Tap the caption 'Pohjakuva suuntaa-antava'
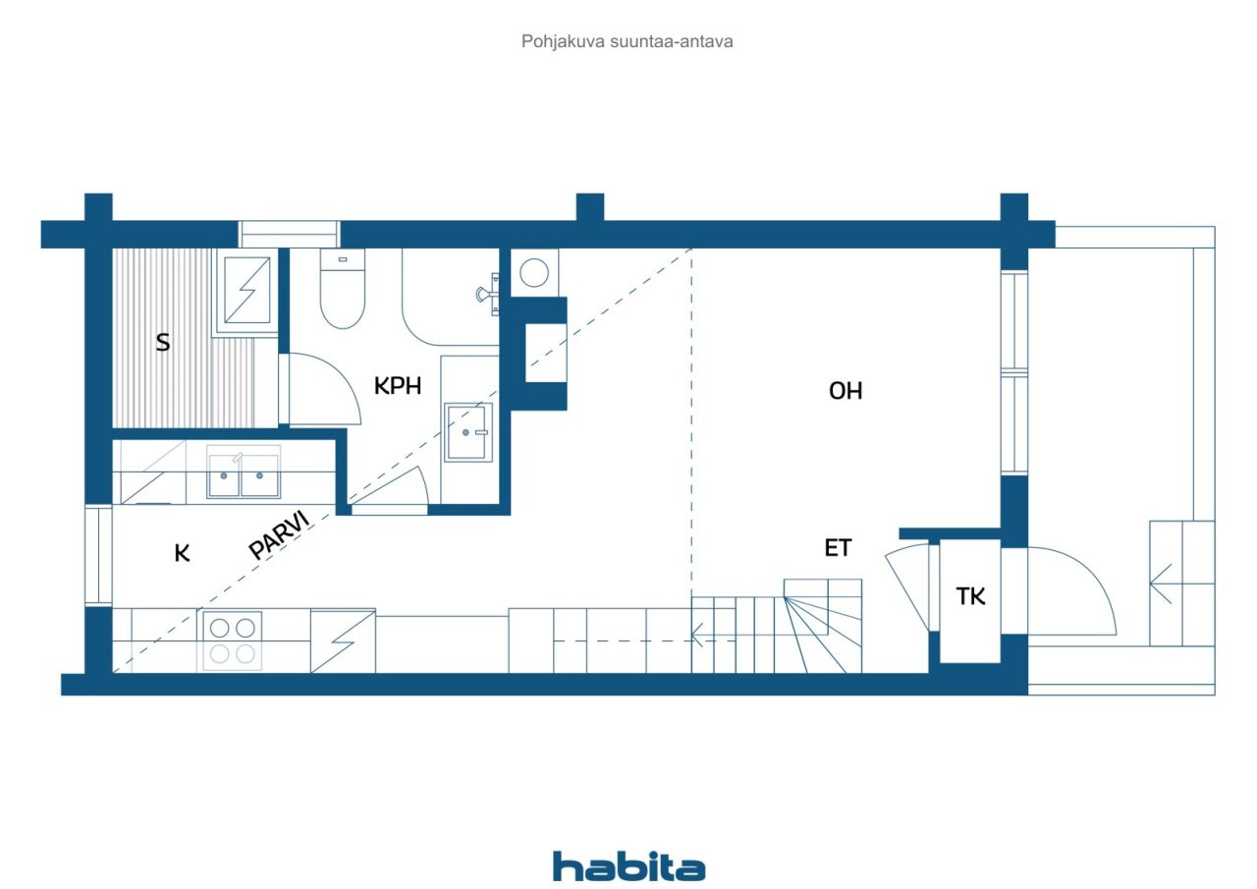click(x=627, y=42)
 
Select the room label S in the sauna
click(x=163, y=342)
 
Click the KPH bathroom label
click(x=398, y=386)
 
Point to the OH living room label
click(x=846, y=391)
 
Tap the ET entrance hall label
click(x=838, y=548)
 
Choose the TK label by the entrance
click(x=970, y=596)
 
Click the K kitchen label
click(x=182, y=553)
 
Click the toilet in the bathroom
click(x=343, y=289)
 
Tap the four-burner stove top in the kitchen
click(x=232, y=640)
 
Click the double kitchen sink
click(x=243, y=472)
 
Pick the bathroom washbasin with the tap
click(x=468, y=432)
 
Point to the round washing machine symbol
click(x=533, y=273)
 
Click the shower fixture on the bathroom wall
click(x=487, y=294)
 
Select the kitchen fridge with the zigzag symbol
click(x=343, y=640)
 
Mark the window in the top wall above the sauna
click(x=289, y=234)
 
